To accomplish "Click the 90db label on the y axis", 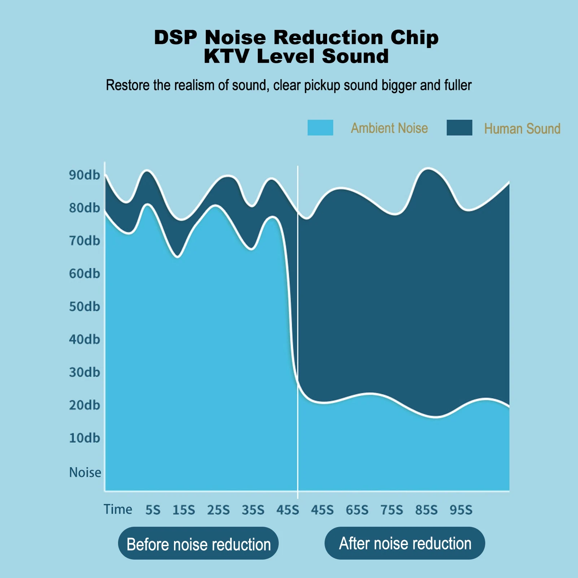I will point(84,175).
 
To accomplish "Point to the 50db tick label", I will point(84,307).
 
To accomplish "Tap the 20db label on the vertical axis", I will point(84,405).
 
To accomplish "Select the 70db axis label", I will point(84,241).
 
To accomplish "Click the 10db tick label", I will point(84,438).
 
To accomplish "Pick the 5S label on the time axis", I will point(153,510).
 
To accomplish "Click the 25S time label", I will point(218,510).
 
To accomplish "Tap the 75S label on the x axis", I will point(392,510).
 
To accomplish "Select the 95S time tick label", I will point(461,510).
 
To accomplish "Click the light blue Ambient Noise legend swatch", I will point(320,128).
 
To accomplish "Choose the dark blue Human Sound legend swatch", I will point(459,128).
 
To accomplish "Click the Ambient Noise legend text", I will point(389,129).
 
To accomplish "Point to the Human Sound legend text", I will point(522,129).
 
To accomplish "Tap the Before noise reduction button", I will point(198,543).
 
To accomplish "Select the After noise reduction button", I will point(405,543).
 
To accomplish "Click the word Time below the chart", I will point(118,509).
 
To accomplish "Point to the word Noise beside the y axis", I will point(85,473).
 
